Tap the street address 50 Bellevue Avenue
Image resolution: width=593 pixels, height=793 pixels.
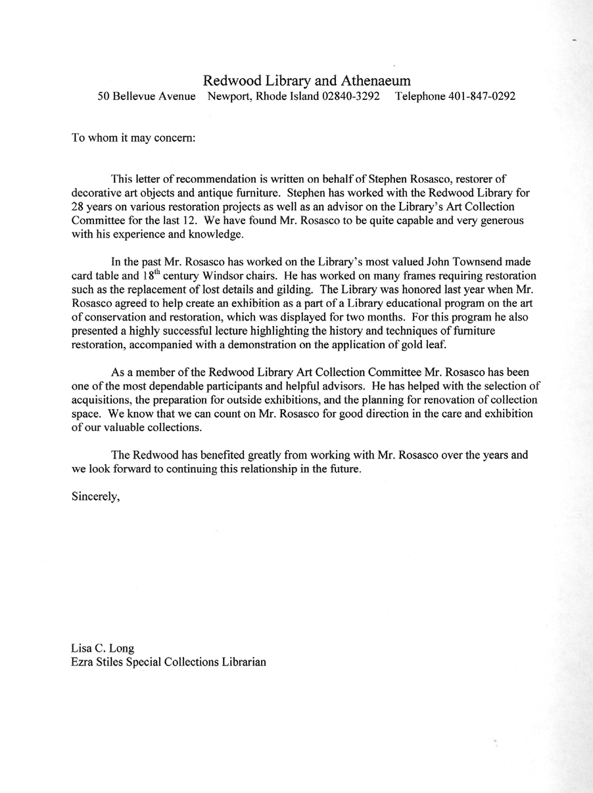click(x=147, y=97)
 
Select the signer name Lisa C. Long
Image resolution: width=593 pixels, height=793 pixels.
click(x=103, y=648)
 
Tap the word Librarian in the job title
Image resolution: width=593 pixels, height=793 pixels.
click(x=243, y=662)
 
